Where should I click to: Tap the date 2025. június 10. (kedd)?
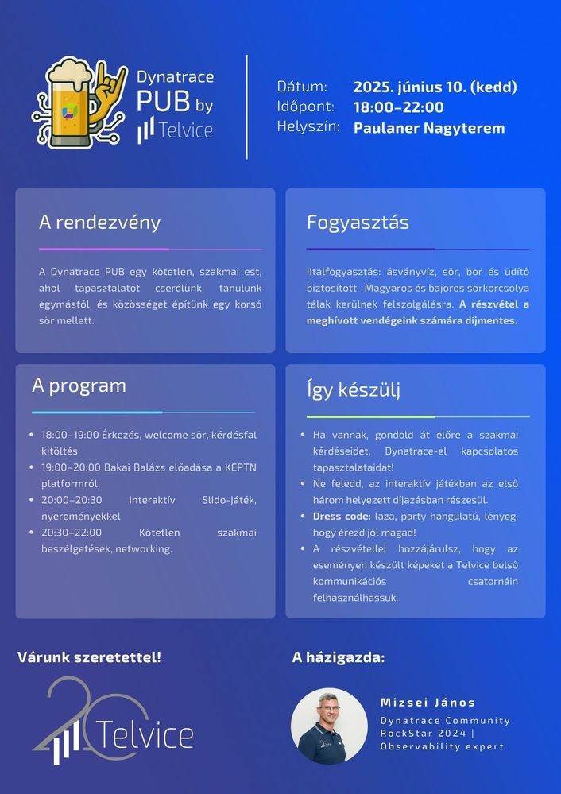click(x=435, y=87)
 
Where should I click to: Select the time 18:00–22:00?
click(x=398, y=107)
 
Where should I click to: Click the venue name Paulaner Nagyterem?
click(x=428, y=127)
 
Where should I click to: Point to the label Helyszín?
click(x=308, y=127)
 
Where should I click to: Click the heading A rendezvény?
click(x=99, y=223)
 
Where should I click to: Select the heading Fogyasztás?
click(x=358, y=223)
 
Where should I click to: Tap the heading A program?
click(x=79, y=386)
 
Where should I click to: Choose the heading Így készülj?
click(x=353, y=389)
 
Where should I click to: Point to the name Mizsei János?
click(x=428, y=703)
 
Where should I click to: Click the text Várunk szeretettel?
click(x=89, y=657)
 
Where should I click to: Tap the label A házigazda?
click(x=339, y=657)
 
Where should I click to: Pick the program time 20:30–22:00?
click(x=71, y=533)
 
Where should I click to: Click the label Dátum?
click(x=302, y=87)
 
